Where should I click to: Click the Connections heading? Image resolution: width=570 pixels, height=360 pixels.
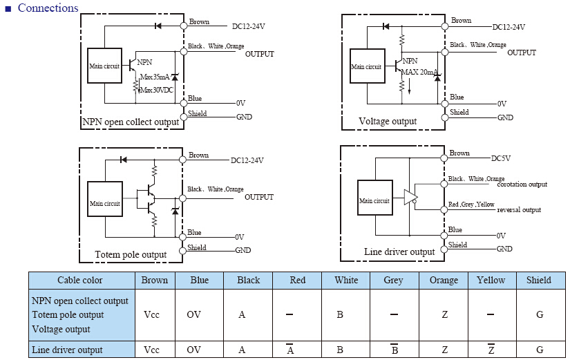[48, 8]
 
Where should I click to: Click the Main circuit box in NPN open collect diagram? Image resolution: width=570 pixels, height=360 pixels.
[105, 66]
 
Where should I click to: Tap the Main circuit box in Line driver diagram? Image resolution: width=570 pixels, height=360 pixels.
[374, 198]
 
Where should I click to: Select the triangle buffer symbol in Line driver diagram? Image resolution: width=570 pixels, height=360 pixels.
[410, 198]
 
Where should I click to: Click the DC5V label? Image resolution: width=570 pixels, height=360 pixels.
[501, 158]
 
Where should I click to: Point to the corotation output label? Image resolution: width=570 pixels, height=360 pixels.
[522, 184]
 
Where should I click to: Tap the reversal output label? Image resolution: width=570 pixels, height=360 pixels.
[519, 210]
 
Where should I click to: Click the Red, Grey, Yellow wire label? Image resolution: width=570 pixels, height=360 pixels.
[471, 205]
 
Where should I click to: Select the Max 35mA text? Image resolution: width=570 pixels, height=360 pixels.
[155, 77]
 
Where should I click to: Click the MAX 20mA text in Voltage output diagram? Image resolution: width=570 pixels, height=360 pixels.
[419, 72]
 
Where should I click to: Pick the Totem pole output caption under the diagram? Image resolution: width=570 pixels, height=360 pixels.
[131, 254]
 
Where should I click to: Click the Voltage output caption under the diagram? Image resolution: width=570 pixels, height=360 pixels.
[388, 121]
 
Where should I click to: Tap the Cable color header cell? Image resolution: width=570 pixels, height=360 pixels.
[80, 280]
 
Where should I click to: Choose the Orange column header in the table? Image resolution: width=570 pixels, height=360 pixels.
[444, 281]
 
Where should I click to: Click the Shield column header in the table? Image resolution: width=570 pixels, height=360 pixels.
[539, 280]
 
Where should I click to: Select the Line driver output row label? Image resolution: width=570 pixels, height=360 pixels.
[67, 350]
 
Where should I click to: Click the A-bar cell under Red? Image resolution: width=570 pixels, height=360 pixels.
[290, 349]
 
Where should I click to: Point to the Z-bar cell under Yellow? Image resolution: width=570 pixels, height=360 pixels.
[491, 349]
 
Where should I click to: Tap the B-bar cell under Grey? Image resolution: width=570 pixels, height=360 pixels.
[395, 349]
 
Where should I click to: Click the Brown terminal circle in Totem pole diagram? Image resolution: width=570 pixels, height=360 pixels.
[183, 160]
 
